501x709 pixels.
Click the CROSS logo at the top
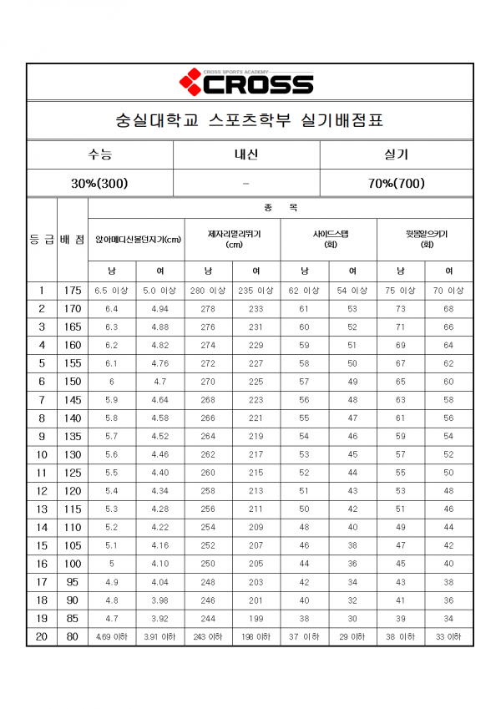pyautogui.click(x=246, y=83)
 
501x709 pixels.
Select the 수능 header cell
pyautogui.click(x=100, y=155)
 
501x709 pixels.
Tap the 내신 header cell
pyautogui.click(x=246, y=155)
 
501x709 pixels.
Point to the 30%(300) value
pyautogui.click(x=100, y=183)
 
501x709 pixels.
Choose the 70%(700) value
pyautogui.click(x=396, y=183)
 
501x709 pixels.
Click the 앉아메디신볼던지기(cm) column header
pyautogui.click(x=136, y=240)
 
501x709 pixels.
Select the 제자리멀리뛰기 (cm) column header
pyautogui.click(x=233, y=240)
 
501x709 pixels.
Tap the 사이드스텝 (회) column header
pyautogui.click(x=329, y=240)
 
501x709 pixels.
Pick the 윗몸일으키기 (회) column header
pyautogui.click(x=425, y=240)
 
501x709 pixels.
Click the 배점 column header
pyautogui.click(x=73, y=240)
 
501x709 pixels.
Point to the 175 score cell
pyautogui.click(x=73, y=291)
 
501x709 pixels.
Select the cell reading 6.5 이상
pyautogui.click(x=112, y=291)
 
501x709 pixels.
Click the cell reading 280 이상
pyautogui.click(x=208, y=291)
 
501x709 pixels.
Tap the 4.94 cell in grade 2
pyautogui.click(x=159, y=309)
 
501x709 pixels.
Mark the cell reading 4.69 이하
pyautogui.click(x=112, y=637)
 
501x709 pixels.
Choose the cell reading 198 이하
pyautogui.click(x=256, y=637)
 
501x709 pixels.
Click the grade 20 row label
pyautogui.click(x=42, y=637)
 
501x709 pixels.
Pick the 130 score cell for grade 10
pyautogui.click(x=73, y=454)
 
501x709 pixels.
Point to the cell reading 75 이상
pyautogui.click(x=401, y=291)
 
